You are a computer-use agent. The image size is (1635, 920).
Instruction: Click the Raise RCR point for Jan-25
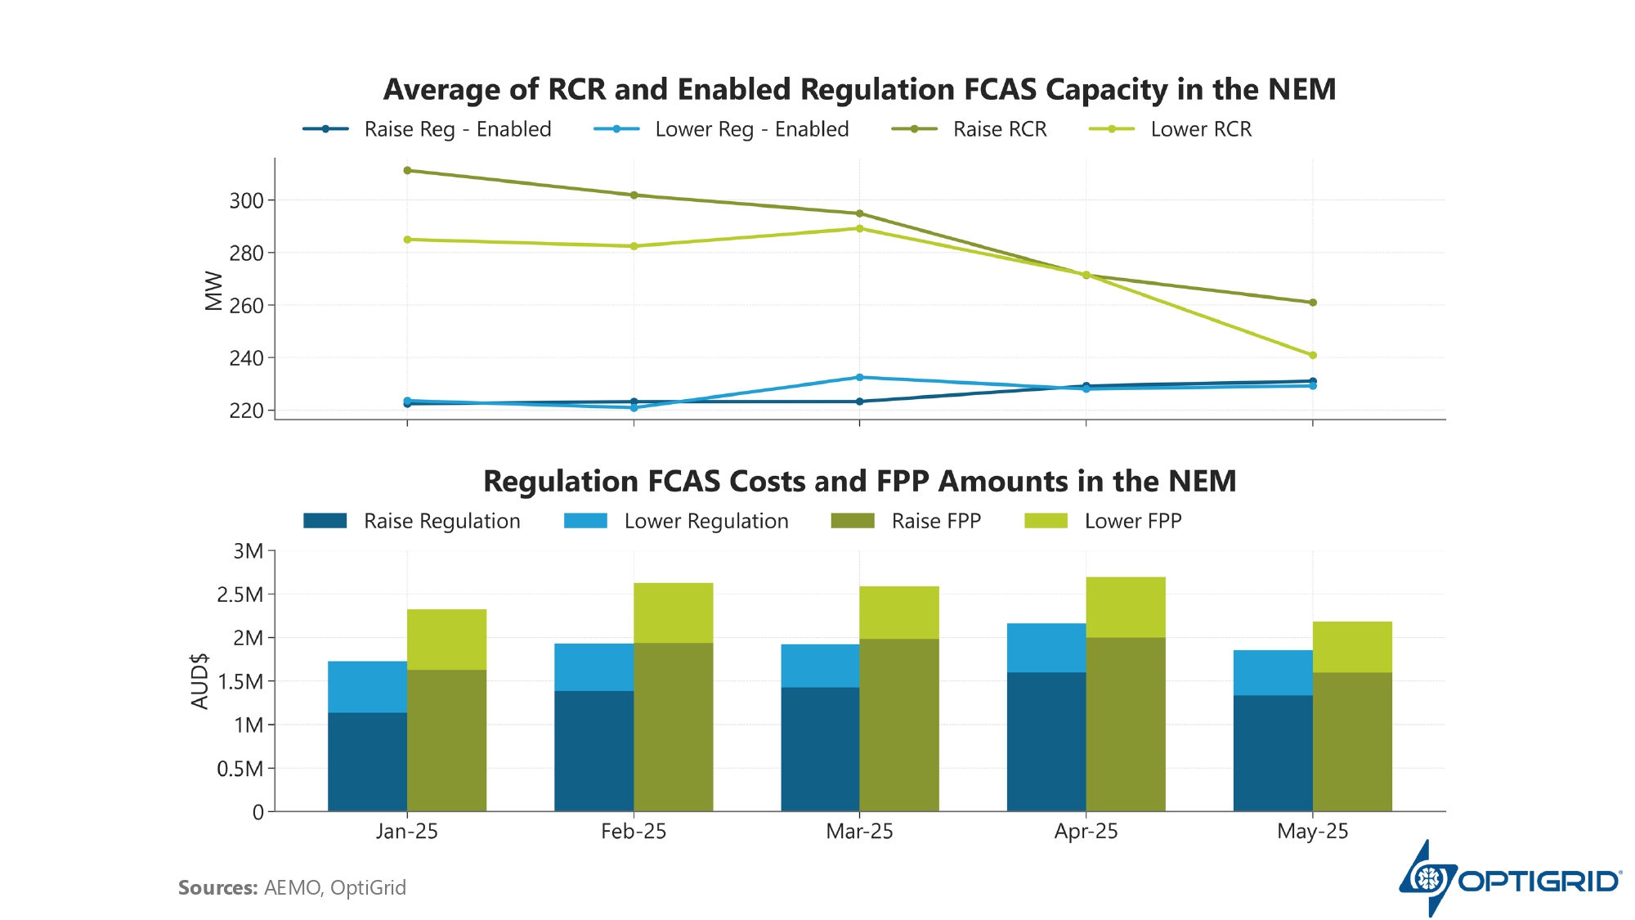pos(407,170)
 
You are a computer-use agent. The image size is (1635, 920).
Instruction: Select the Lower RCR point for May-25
pos(1313,355)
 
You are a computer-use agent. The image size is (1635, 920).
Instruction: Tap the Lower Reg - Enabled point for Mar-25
pos(859,377)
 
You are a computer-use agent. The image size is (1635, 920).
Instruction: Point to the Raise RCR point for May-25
pos(1313,303)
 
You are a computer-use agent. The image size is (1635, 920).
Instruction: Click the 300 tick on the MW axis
pos(246,200)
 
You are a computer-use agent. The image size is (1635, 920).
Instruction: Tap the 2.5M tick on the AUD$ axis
pos(240,595)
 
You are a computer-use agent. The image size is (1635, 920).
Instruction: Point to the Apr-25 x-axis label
pos(1086,832)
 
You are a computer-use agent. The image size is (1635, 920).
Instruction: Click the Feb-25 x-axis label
pos(634,832)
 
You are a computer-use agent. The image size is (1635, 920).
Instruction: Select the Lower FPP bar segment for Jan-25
pos(446,640)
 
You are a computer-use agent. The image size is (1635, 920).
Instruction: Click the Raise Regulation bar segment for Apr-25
pos(1046,742)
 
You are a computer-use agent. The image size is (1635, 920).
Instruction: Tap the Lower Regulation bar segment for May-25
pos(1273,672)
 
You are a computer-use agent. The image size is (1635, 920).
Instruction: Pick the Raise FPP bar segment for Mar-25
pos(899,725)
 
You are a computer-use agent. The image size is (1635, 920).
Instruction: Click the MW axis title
pos(214,290)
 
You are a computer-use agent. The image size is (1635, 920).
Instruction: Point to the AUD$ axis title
pos(199,681)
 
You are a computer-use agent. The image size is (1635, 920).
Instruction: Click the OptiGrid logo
pos(1509,879)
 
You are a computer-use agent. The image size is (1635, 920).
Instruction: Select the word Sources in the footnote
pos(217,888)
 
